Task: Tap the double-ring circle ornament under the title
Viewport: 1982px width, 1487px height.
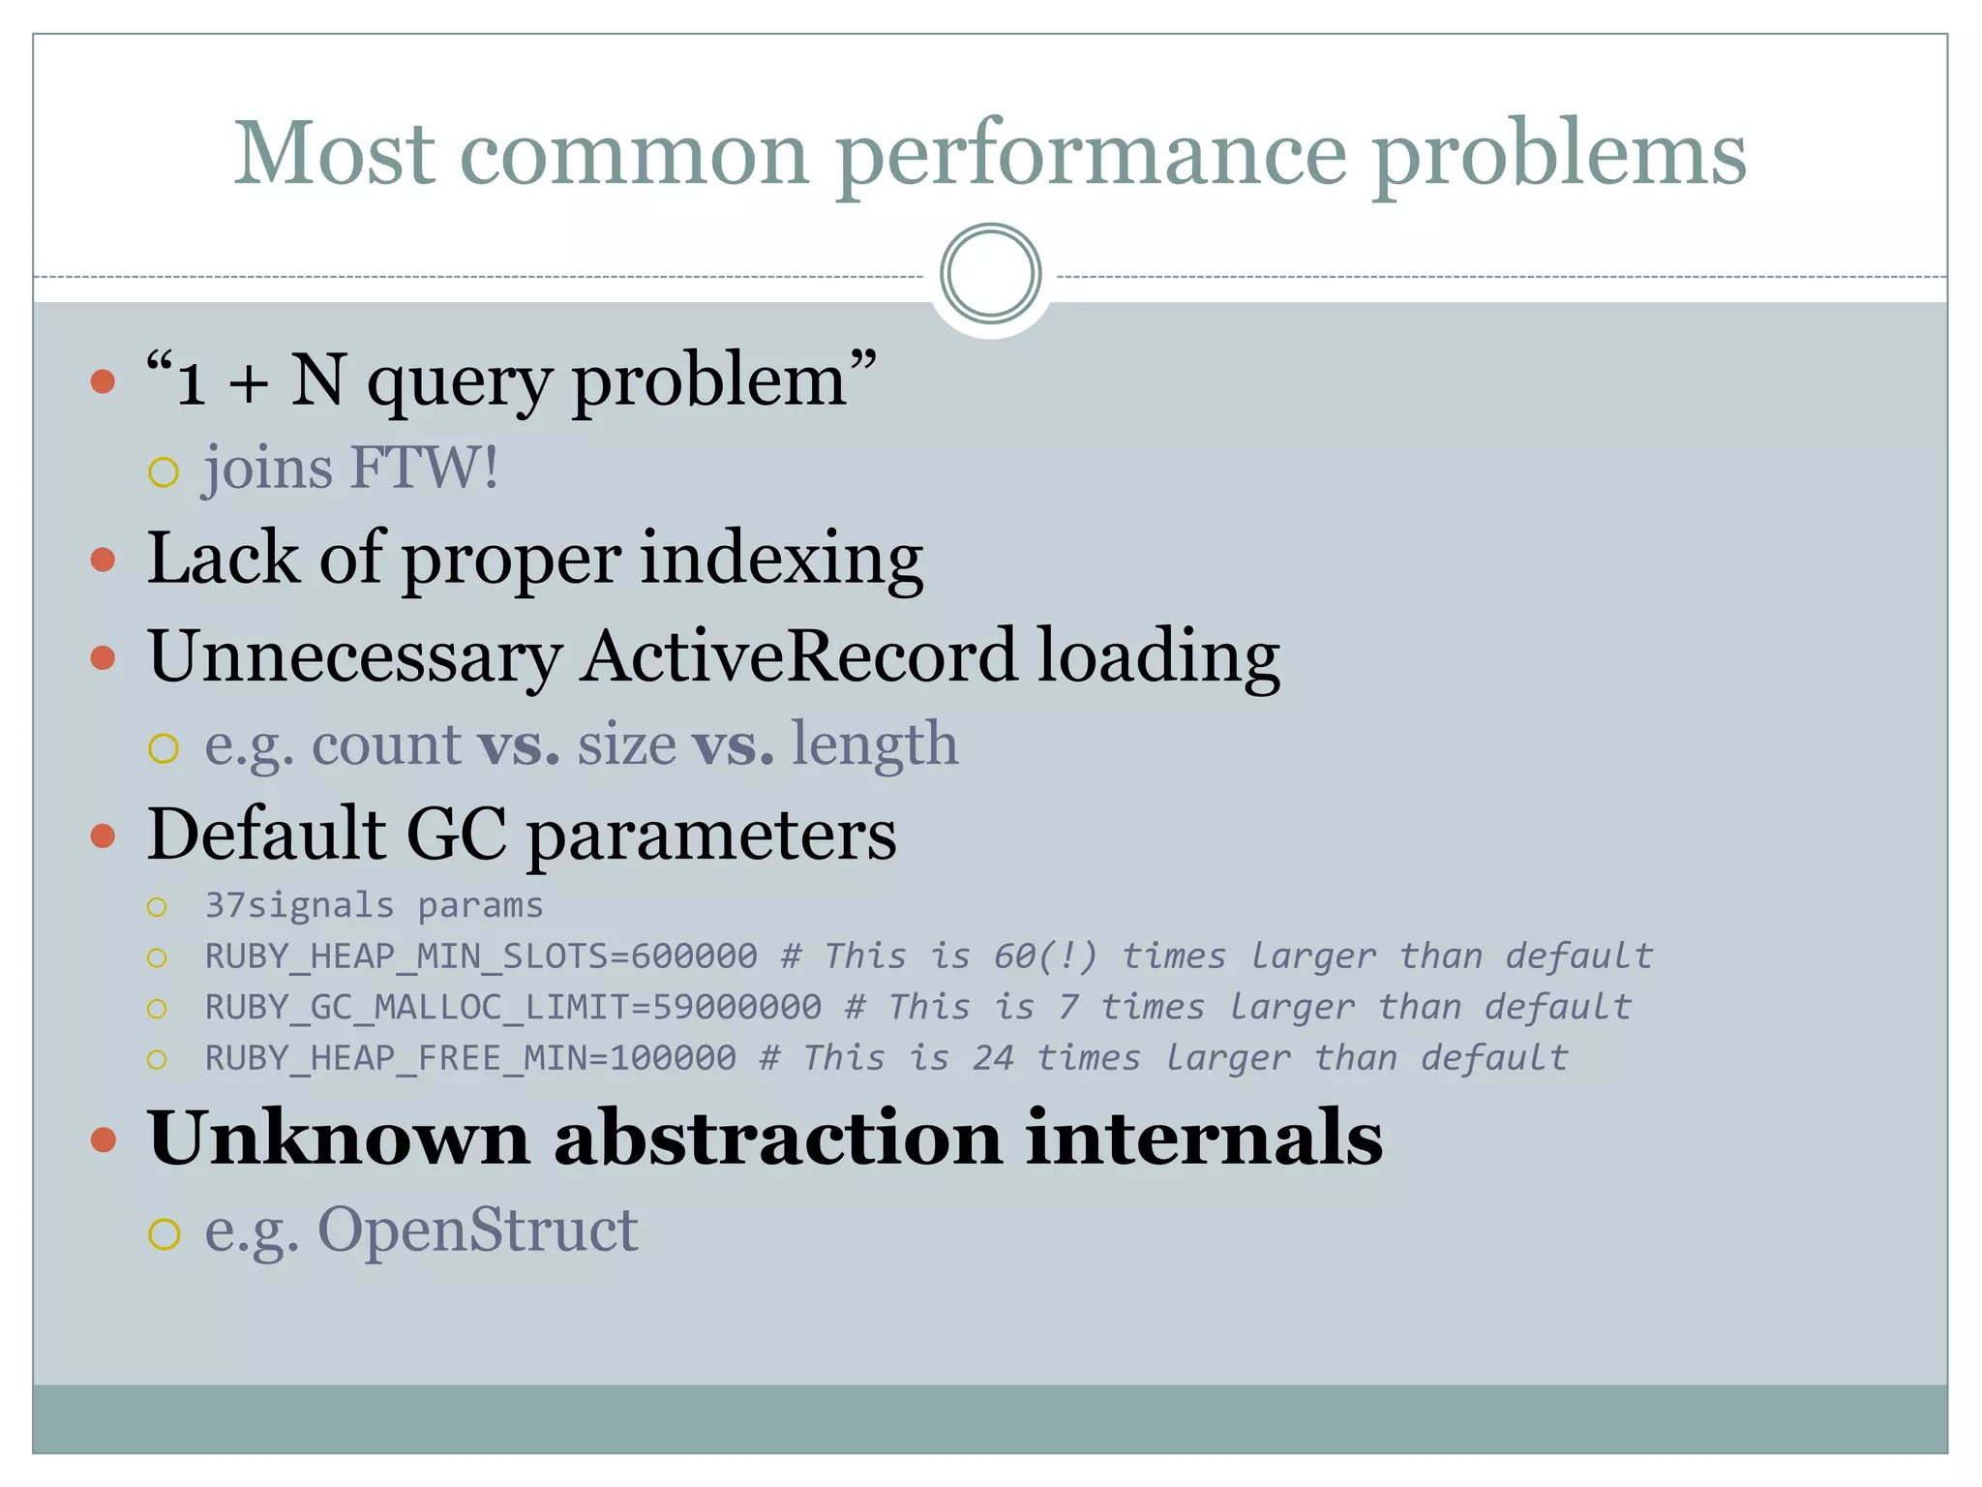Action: [990, 274]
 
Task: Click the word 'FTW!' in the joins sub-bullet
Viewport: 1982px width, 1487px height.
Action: [424, 469]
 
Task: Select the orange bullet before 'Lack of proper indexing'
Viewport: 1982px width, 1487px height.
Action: [103, 560]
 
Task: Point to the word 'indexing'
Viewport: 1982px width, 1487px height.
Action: [781, 560]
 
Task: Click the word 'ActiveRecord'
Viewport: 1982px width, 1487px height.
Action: [798, 657]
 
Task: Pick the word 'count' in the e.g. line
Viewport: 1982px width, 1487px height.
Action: [385, 745]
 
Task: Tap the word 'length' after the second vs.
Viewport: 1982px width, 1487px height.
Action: [875, 745]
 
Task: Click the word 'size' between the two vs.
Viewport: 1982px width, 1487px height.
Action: [626, 745]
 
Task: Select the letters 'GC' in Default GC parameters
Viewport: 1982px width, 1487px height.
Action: [456, 835]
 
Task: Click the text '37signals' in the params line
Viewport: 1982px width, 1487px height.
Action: [300, 906]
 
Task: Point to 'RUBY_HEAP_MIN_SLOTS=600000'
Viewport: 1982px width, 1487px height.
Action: [481, 957]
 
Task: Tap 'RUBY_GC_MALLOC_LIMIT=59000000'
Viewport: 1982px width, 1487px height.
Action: [513, 1008]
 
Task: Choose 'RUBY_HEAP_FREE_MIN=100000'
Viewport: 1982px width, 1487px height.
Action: [470, 1059]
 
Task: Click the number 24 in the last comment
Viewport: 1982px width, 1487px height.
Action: [993, 1059]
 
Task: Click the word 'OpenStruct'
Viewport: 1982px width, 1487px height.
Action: [477, 1231]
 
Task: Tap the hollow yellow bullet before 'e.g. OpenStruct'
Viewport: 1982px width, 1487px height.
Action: [164, 1235]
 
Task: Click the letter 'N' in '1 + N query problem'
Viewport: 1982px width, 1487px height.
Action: [317, 380]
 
